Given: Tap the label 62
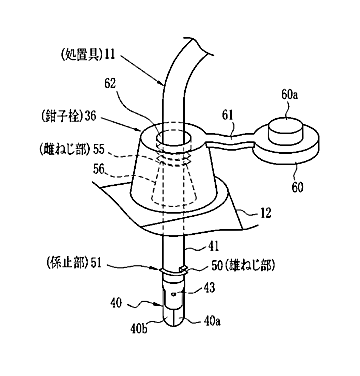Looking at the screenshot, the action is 109,84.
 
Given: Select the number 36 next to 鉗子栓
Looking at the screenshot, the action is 91,116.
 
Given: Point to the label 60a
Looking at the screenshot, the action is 289,96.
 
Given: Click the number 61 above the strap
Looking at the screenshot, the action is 228,116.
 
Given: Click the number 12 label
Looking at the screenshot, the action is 265,213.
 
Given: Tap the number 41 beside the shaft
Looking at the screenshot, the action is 212,247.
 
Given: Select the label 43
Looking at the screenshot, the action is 208,287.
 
